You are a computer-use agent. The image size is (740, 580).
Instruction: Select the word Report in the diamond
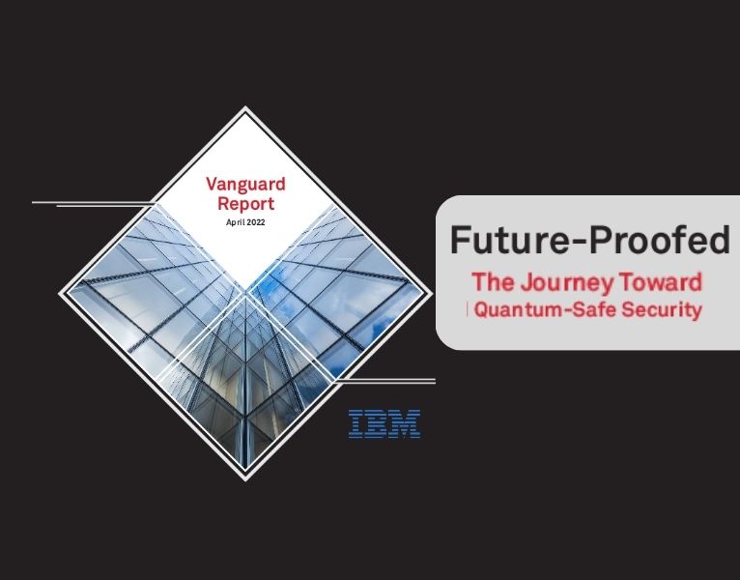click(x=245, y=204)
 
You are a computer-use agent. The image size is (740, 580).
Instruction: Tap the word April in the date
click(x=235, y=222)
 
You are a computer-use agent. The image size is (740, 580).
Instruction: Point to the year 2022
click(x=255, y=222)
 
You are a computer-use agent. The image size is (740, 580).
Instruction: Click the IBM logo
click(x=384, y=423)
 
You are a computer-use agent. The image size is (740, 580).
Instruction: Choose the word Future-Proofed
click(x=590, y=239)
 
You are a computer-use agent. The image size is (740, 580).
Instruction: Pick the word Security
click(x=666, y=310)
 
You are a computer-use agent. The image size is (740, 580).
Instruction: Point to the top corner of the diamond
click(x=245, y=108)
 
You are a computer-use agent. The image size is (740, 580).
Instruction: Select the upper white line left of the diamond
click(x=92, y=202)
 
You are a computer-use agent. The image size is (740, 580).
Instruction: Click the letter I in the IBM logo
click(x=356, y=423)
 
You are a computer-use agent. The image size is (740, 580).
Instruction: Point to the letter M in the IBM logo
click(x=408, y=423)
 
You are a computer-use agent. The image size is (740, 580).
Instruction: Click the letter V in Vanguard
click(x=213, y=184)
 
